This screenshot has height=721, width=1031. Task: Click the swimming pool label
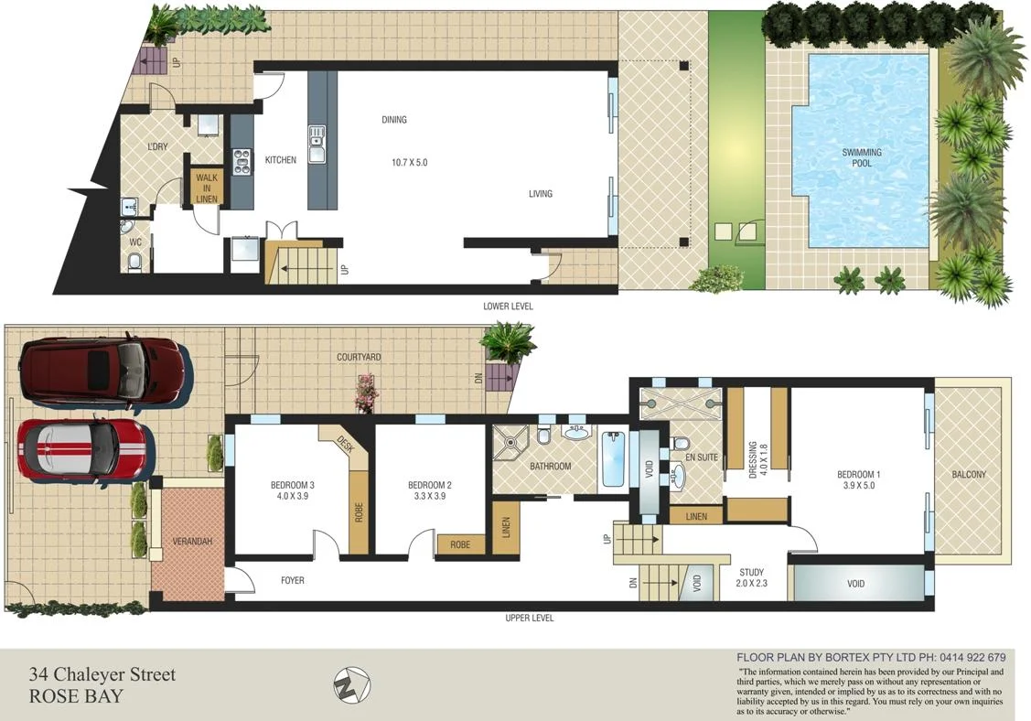click(862, 157)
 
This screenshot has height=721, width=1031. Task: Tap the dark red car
click(101, 371)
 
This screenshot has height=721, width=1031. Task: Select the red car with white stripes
click(82, 450)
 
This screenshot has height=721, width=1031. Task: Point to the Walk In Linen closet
click(206, 187)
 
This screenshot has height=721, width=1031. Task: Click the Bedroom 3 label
click(293, 490)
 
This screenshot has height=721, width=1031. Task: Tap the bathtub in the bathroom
click(612, 461)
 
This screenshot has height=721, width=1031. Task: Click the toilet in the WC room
click(135, 263)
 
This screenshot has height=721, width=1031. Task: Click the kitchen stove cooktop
click(242, 161)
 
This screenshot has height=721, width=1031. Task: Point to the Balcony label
click(969, 475)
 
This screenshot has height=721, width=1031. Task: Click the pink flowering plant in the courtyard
click(367, 391)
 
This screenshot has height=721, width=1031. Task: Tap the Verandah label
click(192, 542)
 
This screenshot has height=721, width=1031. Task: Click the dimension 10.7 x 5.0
click(409, 163)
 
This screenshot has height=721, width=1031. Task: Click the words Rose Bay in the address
click(76, 695)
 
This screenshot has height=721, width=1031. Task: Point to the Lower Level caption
click(508, 306)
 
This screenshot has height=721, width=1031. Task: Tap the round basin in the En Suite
click(679, 476)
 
